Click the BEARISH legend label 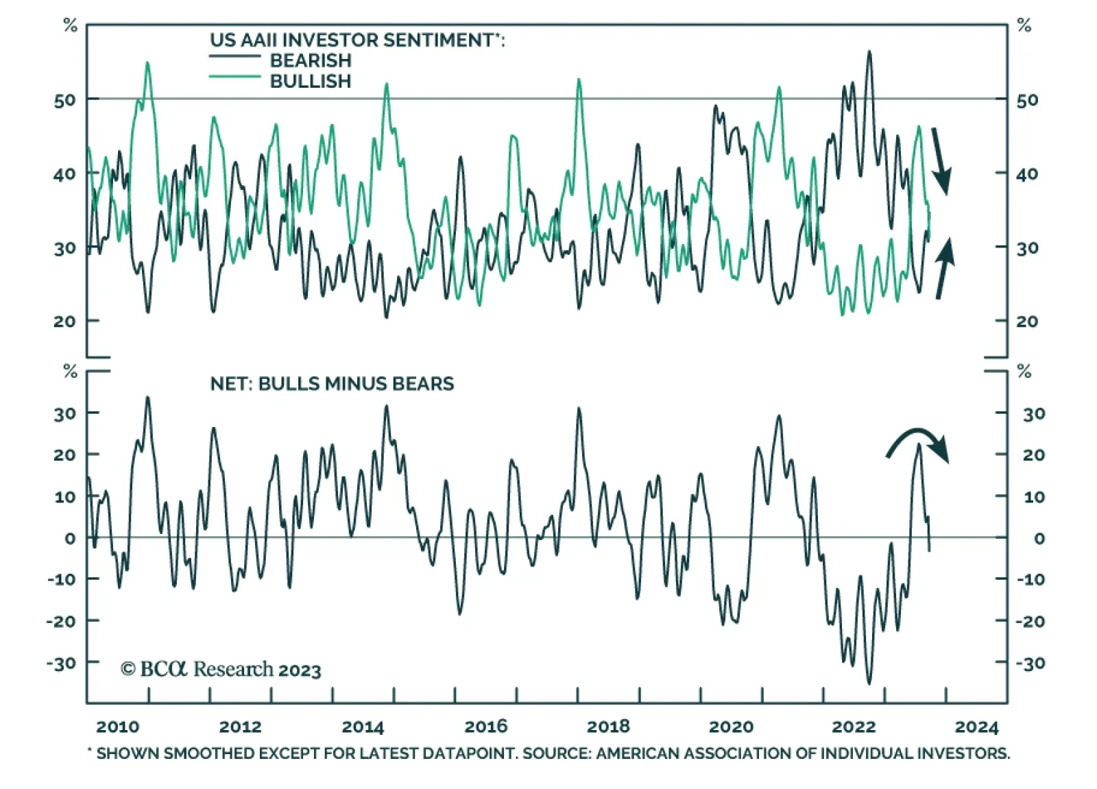coord(310,60)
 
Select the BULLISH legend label coord(310,81)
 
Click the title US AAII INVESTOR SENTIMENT coord(357,40)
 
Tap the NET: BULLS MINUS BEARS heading coord(332,383)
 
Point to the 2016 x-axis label coord(485,727)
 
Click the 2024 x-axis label coord(976,727)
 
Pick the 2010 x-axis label coord(117,727)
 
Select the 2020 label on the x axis coord(731,727)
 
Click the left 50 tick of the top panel coord(65,100)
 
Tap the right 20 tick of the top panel coord(1027,321)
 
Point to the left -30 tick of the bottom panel coord(61,663)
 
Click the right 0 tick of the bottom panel coord(1039,539)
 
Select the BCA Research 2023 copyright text coord(221,669)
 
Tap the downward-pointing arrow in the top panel coord(941,161)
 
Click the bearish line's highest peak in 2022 coord(869,51)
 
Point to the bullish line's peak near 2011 coord(147,63)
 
